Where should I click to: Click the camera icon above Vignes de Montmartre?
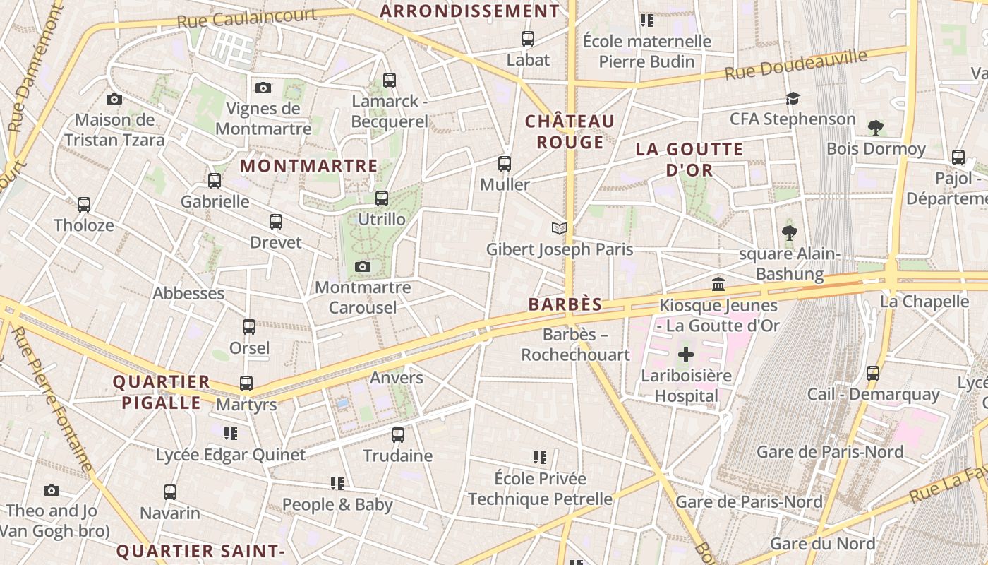(x=263, y=88)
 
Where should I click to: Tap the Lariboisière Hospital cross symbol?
(x=686, y=355)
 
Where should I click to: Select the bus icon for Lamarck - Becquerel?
(x=390, y=81)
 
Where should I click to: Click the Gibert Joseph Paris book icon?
(x=560, y=228)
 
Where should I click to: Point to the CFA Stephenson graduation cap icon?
(x=793, y=98)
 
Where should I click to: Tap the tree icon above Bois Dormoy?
(x=876, y=128)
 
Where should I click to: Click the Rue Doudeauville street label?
(x=796, y=65)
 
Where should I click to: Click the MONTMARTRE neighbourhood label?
(x=309, y=166)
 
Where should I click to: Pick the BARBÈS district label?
(x=565, y=305)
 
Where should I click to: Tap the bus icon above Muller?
(x=505, y=164)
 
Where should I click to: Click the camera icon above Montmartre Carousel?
(x=363, y=266)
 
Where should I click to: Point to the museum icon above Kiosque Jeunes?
(x=718, y=285)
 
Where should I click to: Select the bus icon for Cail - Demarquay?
(x=873, y=373)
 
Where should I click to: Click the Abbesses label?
(x=188, y=293)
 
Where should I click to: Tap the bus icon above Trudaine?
(x=398, y=434)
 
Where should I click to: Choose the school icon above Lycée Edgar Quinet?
(x=230, y=433)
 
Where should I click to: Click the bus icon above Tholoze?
(x=84, y=205)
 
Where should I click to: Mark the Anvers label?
(x=397, y=378)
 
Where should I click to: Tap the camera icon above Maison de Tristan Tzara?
(x=114, y=100)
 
